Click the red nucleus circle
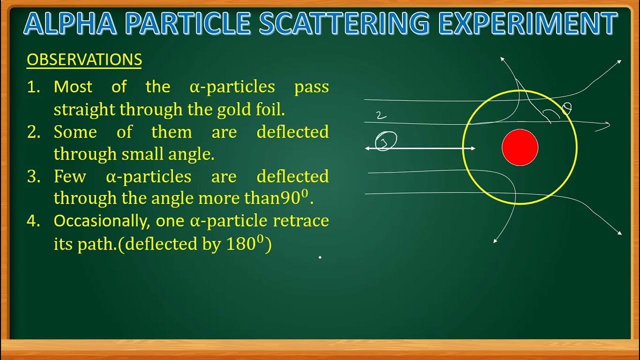point(520,147)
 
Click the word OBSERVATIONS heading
point(84,60)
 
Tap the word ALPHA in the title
point(65,23)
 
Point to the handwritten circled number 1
point(384,141)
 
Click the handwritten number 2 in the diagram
point(381,116)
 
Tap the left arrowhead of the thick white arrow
point(367,148)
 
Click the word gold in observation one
point(233,109)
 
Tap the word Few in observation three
point(69,176)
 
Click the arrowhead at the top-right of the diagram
point(619,61)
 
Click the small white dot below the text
point(320,257)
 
